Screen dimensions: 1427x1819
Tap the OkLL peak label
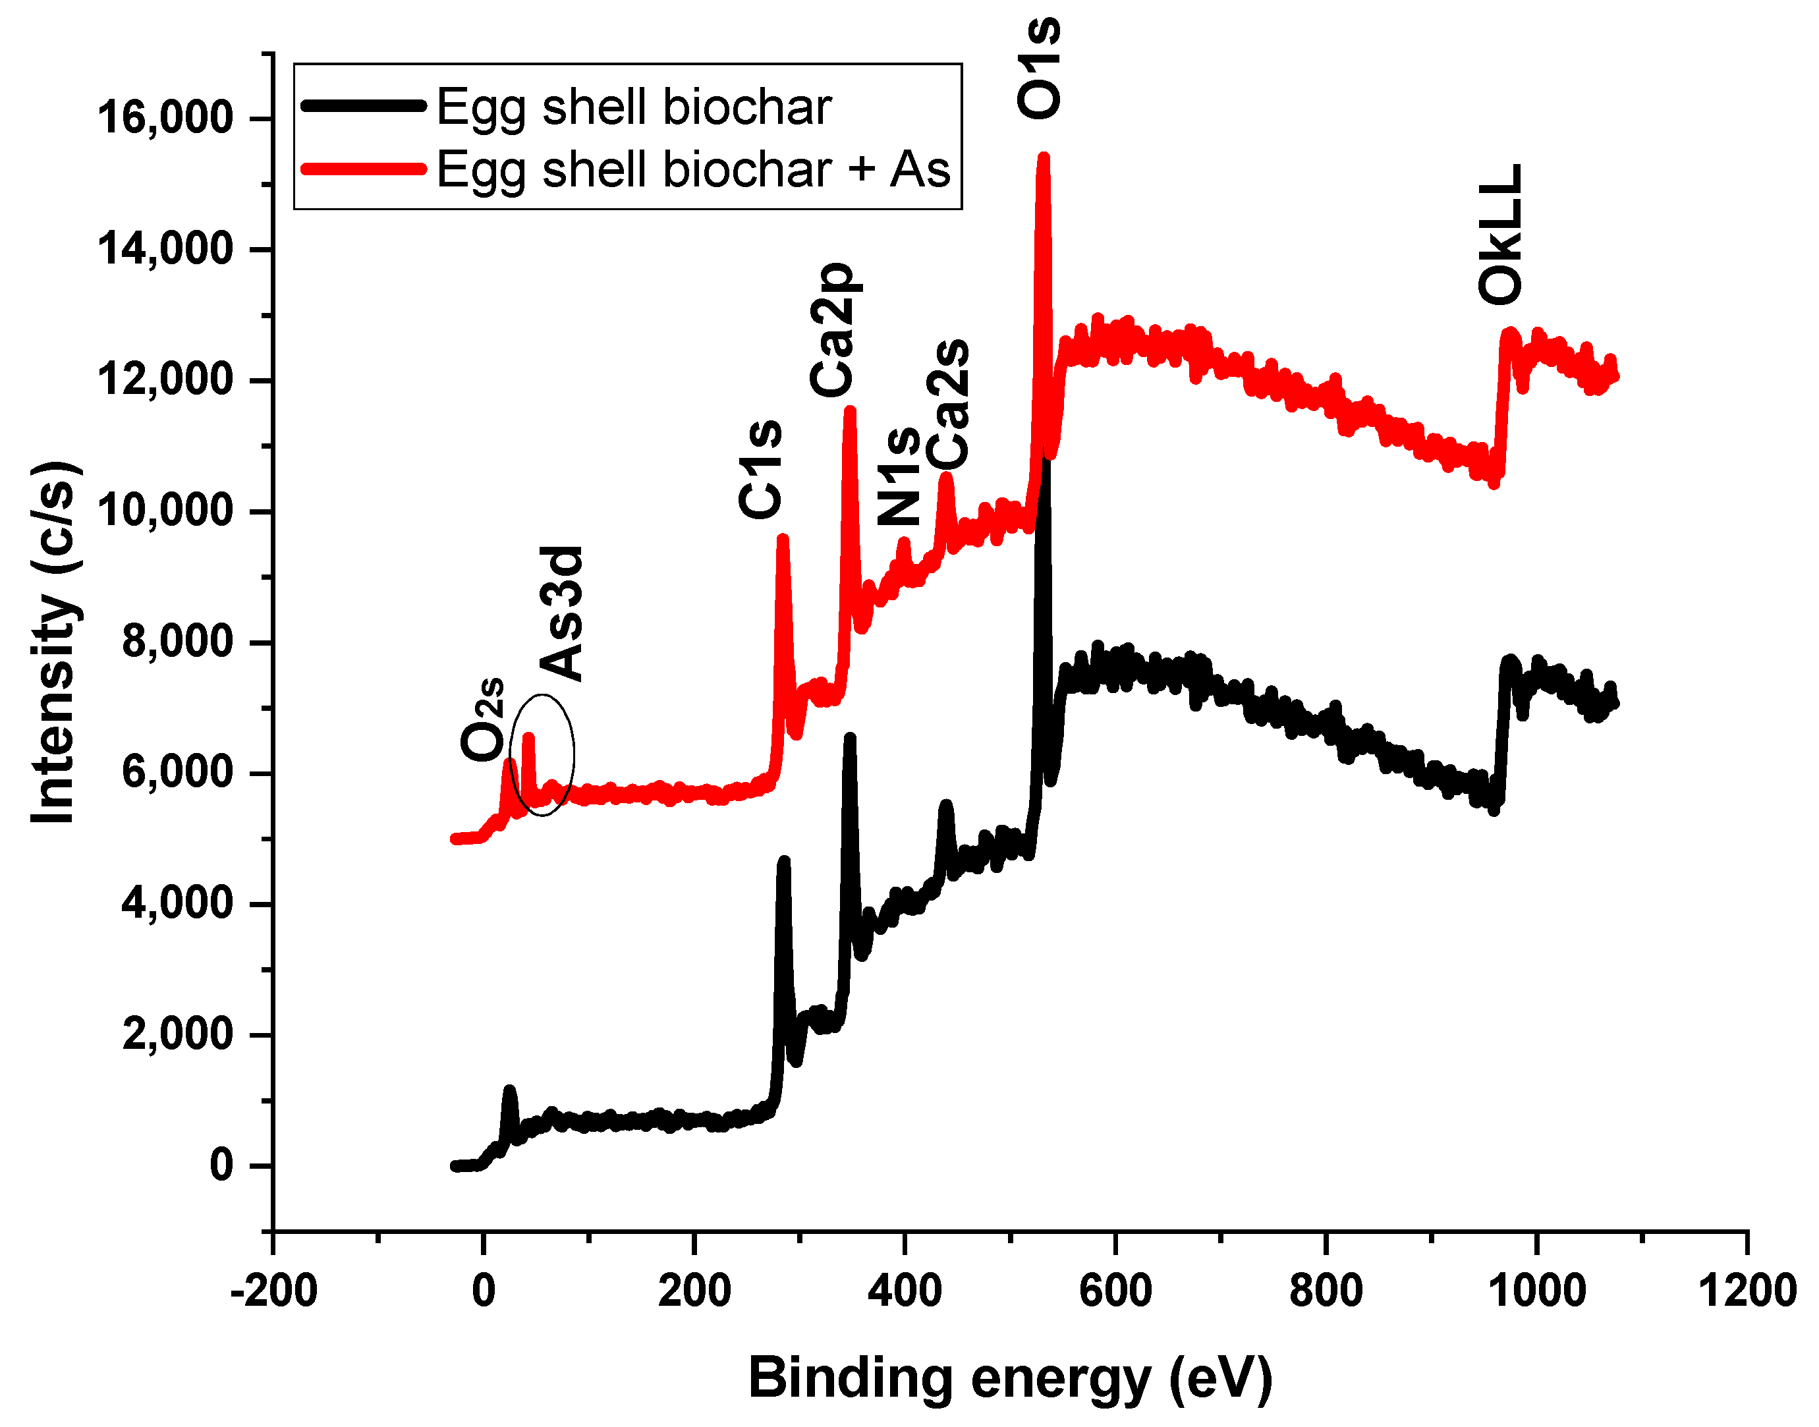click(1500, 235)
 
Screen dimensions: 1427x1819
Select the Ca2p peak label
click(832, 329)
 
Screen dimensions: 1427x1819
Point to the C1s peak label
click(760, 470)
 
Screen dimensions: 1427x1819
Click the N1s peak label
click(898, 477)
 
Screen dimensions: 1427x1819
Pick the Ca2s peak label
click(948, 405)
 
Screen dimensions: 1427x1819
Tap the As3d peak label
click(561, 614)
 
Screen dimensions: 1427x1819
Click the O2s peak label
click(483, 719)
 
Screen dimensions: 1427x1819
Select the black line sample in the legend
click(364, 106)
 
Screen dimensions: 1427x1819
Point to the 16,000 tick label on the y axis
click(165, 118)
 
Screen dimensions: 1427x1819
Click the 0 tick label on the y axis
click(221, 1165)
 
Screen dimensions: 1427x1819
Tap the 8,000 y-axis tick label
click(177, 642)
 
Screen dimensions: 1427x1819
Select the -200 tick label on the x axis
click(273, 1291)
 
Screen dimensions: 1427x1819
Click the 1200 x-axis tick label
click(1747, 1291)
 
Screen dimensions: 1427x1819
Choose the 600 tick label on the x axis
click(1115, 1291)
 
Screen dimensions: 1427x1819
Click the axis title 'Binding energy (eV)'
click(1009, 1378)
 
